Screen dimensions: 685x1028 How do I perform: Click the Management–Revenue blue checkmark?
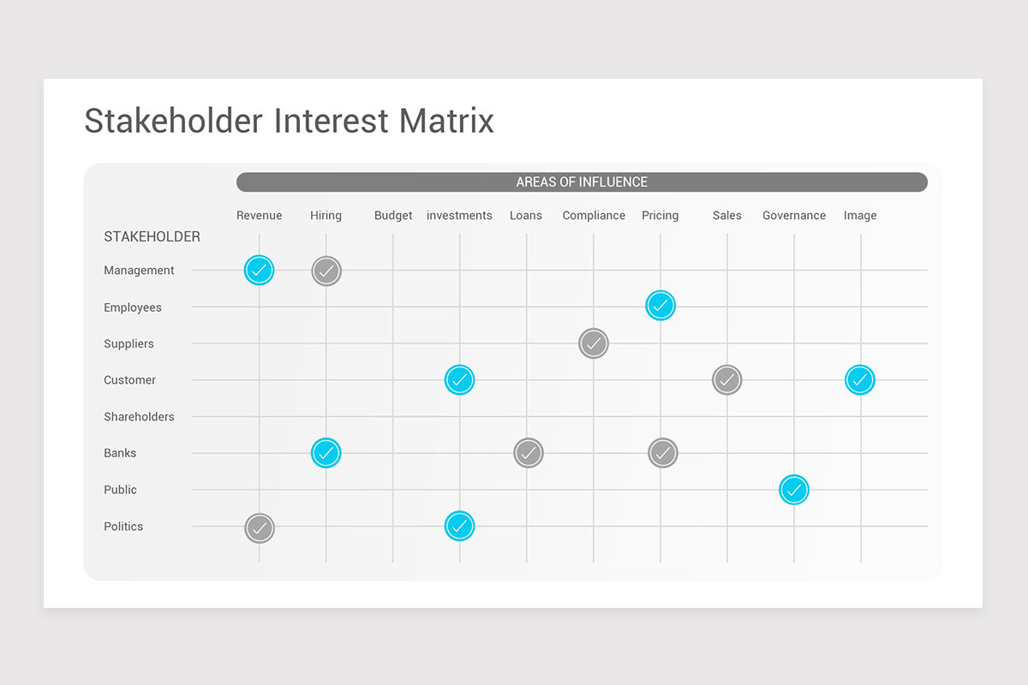[x=259, y=271]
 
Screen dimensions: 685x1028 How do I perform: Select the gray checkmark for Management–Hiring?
[x=326, y=271]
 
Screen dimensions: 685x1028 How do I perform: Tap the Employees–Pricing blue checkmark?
[x=660, y=306]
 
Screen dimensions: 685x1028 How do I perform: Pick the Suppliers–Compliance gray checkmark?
[x=594, y=343]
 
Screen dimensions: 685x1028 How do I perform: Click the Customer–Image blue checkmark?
[x=860, y=379]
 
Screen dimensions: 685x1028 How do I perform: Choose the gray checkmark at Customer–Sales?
[x=727, y=379]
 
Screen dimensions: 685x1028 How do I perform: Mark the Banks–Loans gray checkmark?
[x=529, y=452]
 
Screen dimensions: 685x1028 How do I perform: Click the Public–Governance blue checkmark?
[x=794, y=490]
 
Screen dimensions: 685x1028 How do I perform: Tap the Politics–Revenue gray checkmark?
[x=260, y=528]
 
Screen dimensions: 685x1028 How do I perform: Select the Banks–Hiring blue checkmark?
[x=326, y=452]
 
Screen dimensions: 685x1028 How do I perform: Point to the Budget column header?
[x=393, y=216]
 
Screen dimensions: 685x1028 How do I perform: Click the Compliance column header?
[x=594, y=216]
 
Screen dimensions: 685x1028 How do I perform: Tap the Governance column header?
[x=794, y=216]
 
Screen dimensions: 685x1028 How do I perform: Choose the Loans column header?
[x=526, y=216]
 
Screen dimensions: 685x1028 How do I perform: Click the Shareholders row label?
[x=139, y=417]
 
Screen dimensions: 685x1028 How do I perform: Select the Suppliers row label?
[x=128, y=344]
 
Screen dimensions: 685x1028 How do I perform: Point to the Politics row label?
[x=123, y=527]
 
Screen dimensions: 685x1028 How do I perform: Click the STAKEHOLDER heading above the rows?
[x=152, y=237]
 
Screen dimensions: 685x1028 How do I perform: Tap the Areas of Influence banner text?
[x=582, y=182]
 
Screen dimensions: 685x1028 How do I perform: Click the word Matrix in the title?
[x=446, y=121]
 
